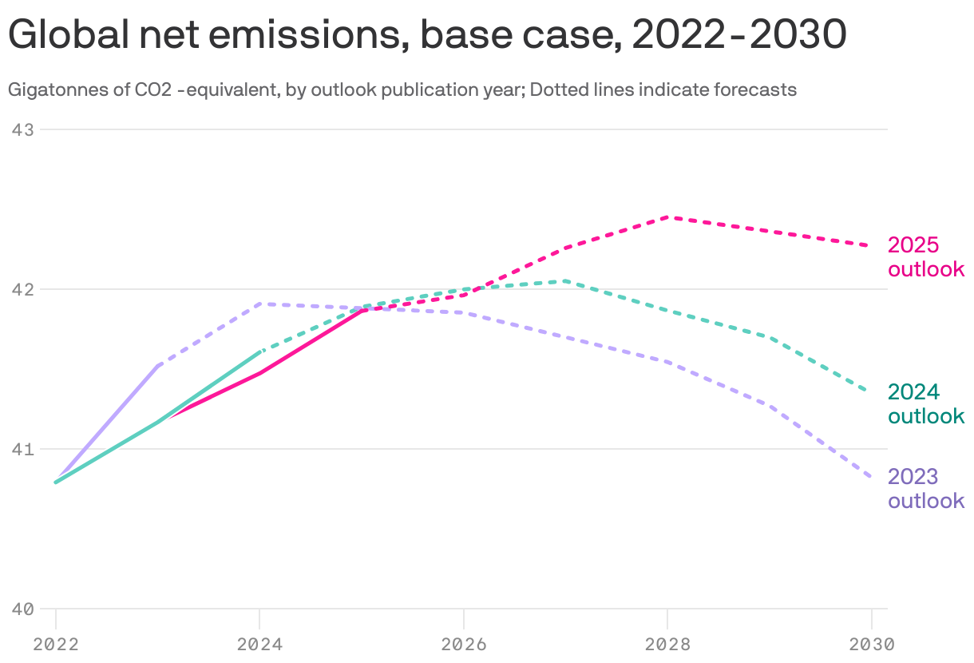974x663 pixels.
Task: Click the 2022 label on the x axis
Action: tap(56, 643)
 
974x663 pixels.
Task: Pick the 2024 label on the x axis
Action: tap(259, 643)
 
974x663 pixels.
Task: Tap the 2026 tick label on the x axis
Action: tap(464, 643)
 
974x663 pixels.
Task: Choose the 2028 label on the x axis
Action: tap(667, 643)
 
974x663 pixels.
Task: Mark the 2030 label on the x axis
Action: tap(871, 643)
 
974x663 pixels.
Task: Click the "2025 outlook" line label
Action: tap(926, 257)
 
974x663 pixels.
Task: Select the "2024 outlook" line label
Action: tap(926, 404)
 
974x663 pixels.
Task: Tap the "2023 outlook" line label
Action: tap(926, 489)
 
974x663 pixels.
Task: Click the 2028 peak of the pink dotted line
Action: tap(668, 216)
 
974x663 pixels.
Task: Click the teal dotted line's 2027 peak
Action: tap(566, 280)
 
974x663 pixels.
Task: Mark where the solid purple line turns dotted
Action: tap(158, 366)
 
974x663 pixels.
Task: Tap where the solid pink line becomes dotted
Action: tap(362, 310)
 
